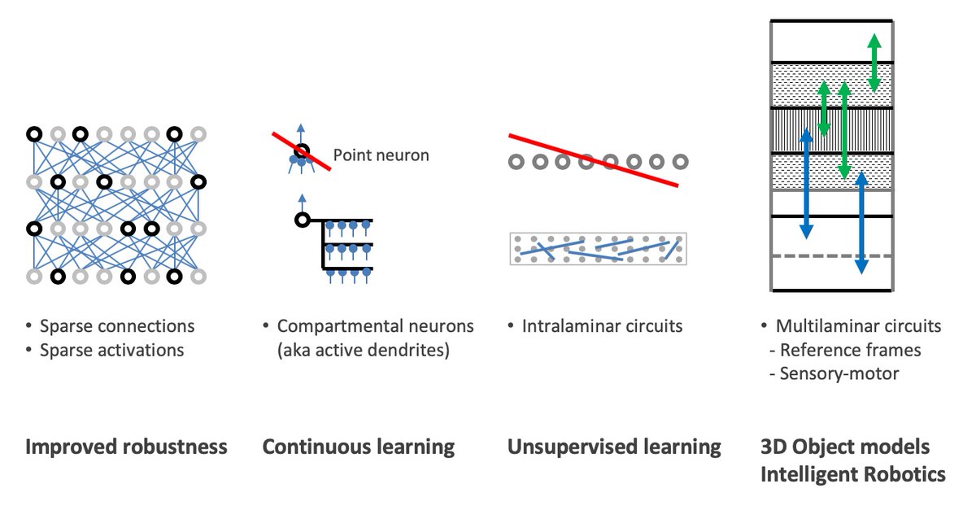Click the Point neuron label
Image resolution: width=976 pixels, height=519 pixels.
click(381, 155)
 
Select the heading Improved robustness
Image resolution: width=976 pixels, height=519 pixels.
click(126, 447)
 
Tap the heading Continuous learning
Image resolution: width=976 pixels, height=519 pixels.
click(359, 447)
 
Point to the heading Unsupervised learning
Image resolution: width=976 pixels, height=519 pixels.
click(614, 447)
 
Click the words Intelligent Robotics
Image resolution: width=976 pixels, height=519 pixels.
click(852, 474)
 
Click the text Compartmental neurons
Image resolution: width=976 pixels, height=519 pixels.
click(375, 326)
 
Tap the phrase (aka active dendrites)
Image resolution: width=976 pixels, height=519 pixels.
click(364, 351)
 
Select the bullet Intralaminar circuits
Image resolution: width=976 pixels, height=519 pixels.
click(601, 326)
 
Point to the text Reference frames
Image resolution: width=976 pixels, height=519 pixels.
click(850, 351)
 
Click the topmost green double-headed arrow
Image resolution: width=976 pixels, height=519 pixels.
click(874, 63)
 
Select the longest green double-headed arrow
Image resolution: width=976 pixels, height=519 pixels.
click(844, 130)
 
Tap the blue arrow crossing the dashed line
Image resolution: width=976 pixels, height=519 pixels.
click(862, 222)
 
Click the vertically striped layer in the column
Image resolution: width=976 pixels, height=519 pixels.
click(831, 130)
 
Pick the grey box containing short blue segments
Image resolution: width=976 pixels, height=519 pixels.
click(598, 249)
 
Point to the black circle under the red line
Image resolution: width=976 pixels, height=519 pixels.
click(302, 151)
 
